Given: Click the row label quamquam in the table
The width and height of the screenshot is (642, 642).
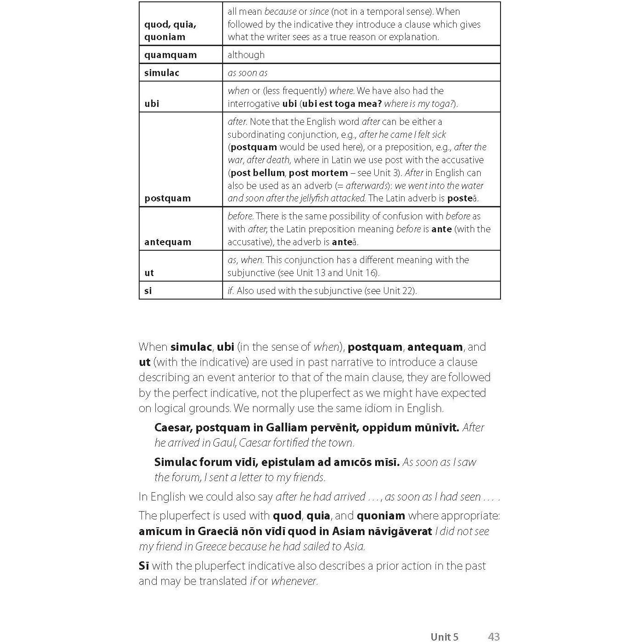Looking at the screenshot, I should click(170, 55).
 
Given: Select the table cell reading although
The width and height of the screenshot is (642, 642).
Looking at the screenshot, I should click(246, 55).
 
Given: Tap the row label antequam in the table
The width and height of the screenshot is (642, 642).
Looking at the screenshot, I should click(167, 242).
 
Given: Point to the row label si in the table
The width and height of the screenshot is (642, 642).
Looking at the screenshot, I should click(148, 291).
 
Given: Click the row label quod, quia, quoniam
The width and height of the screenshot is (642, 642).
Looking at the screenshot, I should click(170, 30).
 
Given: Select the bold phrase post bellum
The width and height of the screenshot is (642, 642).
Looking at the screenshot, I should click(258, 173).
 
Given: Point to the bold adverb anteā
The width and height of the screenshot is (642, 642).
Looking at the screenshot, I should click(344, 242).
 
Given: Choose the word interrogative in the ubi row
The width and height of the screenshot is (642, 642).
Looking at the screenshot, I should click(253, 104).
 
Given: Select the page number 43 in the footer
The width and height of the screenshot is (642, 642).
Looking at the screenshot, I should click(494, 637).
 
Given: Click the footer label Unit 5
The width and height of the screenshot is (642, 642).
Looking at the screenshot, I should click(444, 637).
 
